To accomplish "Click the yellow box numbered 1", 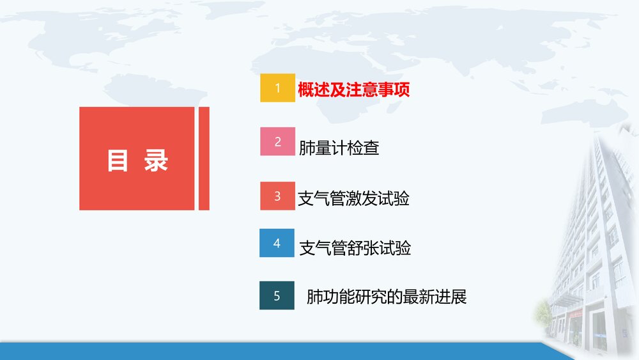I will coord(277,88).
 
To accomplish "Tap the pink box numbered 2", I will coord(277,142).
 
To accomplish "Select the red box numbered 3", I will coord(277,196).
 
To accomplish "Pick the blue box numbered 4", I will coord(277,243).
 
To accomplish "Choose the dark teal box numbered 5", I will coord(277,295).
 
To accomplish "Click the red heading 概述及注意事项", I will coord(353,90).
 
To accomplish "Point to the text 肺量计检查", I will coord(339,148).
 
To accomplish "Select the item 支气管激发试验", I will coord(353,198).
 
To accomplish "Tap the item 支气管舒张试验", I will coord(355,248).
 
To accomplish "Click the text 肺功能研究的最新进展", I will coord(387,297).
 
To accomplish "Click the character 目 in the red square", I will coord(118,160).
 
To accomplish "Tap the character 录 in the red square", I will coord(155,160).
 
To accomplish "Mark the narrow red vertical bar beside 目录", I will coord(204,158).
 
